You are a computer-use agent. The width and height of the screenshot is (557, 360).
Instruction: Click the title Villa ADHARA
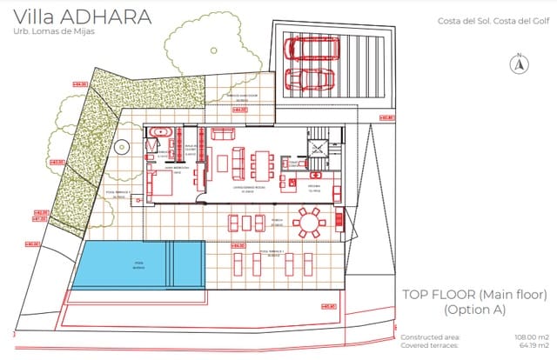click(x=76, y=17)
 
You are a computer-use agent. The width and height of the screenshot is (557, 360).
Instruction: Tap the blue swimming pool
click(x=138, y=263)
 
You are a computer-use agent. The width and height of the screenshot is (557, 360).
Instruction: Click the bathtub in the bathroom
click(x=158, y=131)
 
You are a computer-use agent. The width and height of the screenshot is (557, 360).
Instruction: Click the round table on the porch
click(x=307, y=223)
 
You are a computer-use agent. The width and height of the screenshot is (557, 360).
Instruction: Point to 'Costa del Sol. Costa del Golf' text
click(x=491, y=23)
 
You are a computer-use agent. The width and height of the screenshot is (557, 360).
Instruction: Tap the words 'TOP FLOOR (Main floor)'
click(x=475, y=294)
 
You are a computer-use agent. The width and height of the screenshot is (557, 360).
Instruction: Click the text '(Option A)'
click(x=475, y=310)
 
